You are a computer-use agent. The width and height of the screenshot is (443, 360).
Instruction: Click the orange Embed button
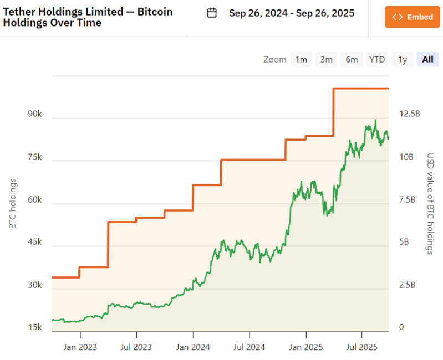tap(413, 17)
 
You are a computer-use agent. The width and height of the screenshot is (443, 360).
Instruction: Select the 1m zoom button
tap(301, 59)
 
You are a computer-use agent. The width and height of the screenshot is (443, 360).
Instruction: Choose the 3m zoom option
tap(327, 59)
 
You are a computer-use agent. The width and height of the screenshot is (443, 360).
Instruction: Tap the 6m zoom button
tap(352, 59)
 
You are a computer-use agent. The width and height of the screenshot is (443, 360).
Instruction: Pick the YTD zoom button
tap(377, 59)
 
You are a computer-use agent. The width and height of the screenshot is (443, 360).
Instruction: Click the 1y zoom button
tap(403, 59)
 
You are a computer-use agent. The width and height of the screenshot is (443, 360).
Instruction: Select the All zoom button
tap(427, 59)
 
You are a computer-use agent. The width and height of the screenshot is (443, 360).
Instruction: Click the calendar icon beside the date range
tap(212, 13)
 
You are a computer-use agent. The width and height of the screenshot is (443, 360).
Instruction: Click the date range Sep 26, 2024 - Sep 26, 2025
tap(292, 13)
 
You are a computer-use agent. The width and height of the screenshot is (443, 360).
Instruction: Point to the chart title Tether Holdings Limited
tap(88, 17)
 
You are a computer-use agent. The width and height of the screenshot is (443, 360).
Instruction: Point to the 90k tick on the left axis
tap(35, 114)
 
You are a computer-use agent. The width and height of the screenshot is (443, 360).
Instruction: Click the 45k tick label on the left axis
tap(35, 242)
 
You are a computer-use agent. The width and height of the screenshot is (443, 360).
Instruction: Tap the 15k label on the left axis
tap(35, 327)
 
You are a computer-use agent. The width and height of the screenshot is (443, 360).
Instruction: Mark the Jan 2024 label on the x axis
tap(193, 347)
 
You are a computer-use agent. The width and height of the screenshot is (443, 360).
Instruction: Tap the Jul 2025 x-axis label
tap(361, 347)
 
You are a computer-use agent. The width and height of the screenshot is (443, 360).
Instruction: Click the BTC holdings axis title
tap(12, 204)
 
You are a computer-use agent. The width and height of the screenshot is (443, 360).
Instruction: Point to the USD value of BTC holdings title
tap(430, 204)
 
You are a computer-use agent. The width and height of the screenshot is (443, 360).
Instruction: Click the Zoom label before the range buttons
tap(275, 59)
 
